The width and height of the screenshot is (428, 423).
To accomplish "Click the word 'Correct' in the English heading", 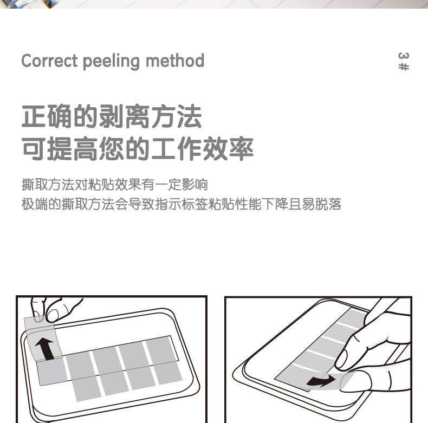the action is point(49,61).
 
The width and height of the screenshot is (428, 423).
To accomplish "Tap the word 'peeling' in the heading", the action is point(111,61).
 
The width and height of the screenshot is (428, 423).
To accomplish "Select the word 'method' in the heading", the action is point(174,60).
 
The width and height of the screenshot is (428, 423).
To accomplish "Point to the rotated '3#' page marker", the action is point(404,61).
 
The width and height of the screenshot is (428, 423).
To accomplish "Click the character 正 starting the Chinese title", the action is point(34,116).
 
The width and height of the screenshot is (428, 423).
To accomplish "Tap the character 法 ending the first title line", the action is point(190,116).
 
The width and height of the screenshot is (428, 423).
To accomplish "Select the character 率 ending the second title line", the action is point(241,149).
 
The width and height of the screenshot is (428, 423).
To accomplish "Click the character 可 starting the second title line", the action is point(34,149).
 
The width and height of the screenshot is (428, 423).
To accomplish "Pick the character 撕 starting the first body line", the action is point(28,185).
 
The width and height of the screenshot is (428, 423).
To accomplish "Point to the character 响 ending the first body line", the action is point(202,185).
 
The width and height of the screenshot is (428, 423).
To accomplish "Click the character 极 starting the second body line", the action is point(28,204).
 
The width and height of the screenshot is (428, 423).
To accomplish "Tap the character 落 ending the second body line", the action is point(335,204).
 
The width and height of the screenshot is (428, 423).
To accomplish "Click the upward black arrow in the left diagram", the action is point(46,348).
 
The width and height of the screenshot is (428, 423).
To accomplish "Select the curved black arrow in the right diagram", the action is point(321,380).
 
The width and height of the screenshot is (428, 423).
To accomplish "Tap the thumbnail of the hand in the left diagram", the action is point(53,315).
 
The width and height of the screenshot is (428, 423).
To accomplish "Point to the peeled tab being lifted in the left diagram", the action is point(43,339).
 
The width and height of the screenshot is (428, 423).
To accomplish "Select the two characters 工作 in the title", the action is point(176,149).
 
